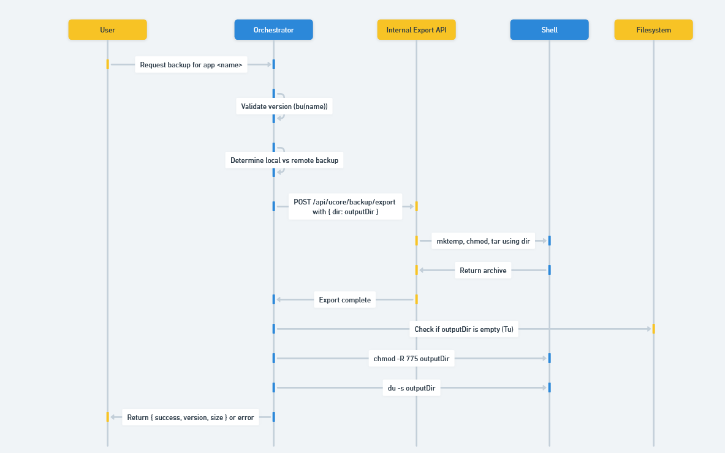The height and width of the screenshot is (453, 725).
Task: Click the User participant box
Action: click(107, 30)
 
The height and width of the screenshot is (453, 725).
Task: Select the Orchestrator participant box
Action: click(273, 30)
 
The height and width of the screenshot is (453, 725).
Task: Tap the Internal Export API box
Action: click(416, 30)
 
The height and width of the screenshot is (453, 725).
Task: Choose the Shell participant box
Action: click(549, 30)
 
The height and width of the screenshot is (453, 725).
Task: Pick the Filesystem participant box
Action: click(653, 30)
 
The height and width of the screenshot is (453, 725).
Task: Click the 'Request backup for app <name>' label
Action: click(191, 65)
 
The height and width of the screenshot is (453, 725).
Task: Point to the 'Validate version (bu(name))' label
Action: click(284, 107)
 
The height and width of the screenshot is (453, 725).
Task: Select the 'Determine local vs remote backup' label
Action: click(284, 160)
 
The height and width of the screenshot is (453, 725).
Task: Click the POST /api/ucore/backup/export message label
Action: click(344, 206)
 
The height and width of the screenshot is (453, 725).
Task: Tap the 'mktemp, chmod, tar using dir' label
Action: click(483, 241)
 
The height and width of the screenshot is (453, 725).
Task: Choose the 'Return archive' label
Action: click(483, 271)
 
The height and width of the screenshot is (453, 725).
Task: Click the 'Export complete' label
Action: click(344, 300)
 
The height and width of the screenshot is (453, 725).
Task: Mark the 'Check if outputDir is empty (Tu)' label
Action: click(464, 329)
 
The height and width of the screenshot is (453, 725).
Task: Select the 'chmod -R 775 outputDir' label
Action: click(411, 359)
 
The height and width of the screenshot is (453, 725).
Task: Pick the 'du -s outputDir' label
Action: click(411, 388)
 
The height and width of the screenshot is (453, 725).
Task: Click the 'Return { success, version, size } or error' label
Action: click(190, 417)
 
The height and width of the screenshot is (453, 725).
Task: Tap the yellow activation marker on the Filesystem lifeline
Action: click(653, 329)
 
